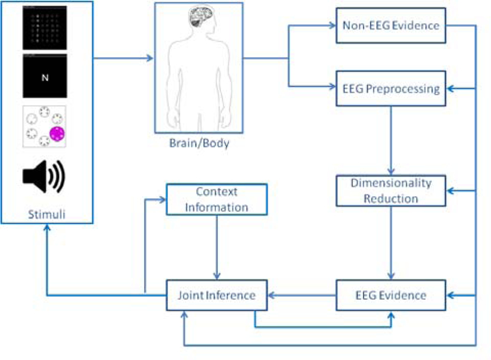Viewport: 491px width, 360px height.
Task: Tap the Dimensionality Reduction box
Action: tap(390, 190)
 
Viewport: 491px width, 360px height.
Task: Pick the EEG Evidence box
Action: tap(390, 295)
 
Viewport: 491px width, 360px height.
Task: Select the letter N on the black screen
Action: tap(44, 77)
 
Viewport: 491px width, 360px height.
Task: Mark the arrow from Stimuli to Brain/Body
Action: tap(123, 59)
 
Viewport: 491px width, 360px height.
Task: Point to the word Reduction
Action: tap(391, 198)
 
